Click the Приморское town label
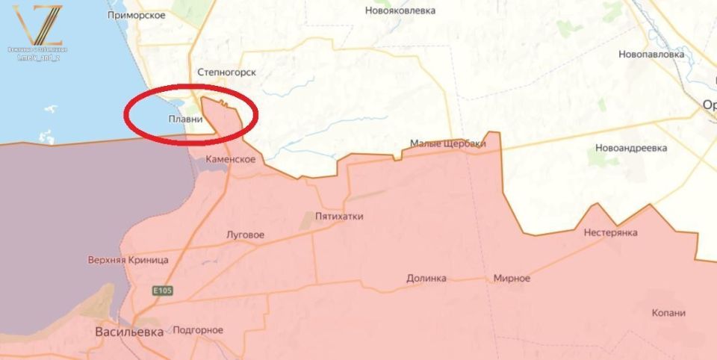[x=137, y=14]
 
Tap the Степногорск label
[x=226, y=72]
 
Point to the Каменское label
[x=232, y=159]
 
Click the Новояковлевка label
[x=400, y=10]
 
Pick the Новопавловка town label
[x=651, y=55]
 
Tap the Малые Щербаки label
[x=448, y=143]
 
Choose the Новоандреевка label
[x=632, y=148]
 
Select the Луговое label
[x=245, y=235]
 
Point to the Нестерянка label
[x=611, y=233]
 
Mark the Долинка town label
[x=426, y=278]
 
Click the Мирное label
[x=512, y=278]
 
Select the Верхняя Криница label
[x=128, y=260]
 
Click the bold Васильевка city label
[x=129, y=332]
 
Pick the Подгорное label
[x=198, y=330]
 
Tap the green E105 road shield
[x=162, y=290]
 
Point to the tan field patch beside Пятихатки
[x=307, y=220]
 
